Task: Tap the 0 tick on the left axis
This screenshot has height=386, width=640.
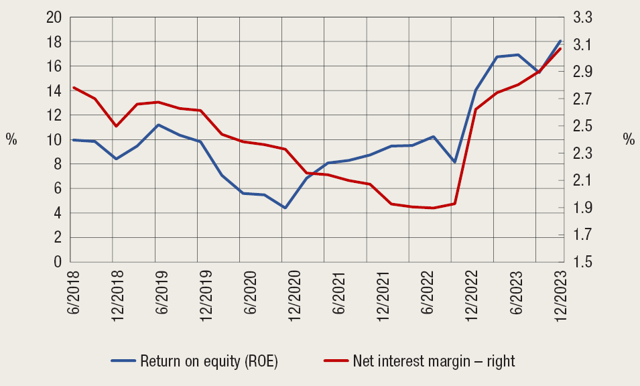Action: (x=58, y=262)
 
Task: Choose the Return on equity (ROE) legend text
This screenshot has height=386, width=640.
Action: (x=208, y=361)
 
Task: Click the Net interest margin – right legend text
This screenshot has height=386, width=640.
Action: (x=434, y=361)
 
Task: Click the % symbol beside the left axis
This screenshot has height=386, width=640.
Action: (x=11, y=139)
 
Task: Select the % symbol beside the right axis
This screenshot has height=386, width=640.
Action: (x=628, y=139)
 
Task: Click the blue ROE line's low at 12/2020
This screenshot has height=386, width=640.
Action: (x=285, y=208)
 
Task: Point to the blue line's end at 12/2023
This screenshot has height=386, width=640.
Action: (x=560, y=41)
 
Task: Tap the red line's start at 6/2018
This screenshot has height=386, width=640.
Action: (x=73, y=88)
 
